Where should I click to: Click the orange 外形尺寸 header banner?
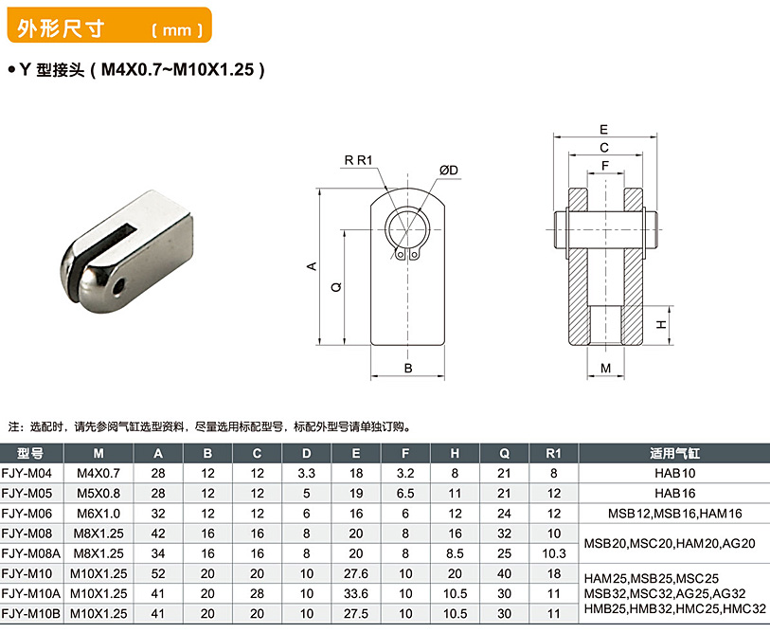point(109,25)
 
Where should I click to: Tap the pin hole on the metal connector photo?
point(116,287)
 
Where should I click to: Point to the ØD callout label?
point(448,170)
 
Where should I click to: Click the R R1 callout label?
point(358,160)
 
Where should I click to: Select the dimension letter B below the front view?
point(408,368)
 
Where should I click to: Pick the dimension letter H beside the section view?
point(661,324)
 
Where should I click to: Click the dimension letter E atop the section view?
point(603,129)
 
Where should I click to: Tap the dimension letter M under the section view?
point(605,368)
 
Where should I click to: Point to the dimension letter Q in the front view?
point(336,287)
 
